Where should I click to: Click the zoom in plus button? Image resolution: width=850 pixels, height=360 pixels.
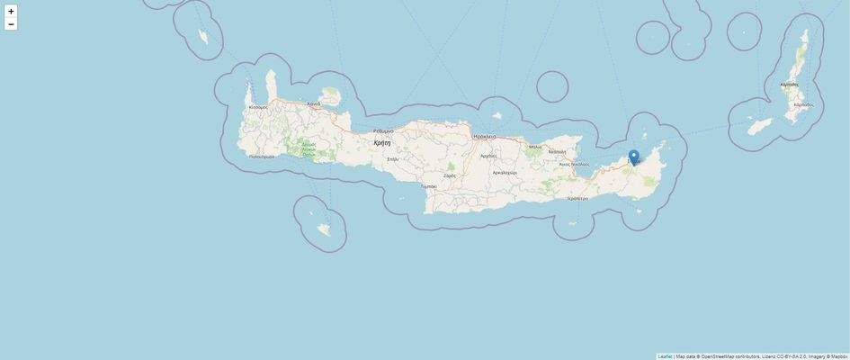click(11, 12)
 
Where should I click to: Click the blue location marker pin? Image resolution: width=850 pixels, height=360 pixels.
click(633, 157)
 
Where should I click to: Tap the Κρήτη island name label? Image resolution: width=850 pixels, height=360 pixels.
click(382, 142)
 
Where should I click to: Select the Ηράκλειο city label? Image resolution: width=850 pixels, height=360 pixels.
click(485, 136)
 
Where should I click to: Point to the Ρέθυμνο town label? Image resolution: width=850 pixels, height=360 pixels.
click(383, 131)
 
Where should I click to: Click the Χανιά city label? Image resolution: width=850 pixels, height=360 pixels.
click(313, 104)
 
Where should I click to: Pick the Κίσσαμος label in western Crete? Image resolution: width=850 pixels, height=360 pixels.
click(258, 107)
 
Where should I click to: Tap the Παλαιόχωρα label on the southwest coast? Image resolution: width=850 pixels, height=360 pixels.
click(262, 157)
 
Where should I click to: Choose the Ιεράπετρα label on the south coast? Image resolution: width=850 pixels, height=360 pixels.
click(577, 198)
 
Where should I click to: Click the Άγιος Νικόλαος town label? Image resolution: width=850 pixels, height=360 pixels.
click(574, 165)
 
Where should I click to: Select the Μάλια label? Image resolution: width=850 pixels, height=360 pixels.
click(535, 147)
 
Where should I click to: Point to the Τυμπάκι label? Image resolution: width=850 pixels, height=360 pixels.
click(429, 186)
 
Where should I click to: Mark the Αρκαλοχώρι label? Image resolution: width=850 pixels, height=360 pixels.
click(505, 172)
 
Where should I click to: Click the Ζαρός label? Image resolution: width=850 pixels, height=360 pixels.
click(450, 175)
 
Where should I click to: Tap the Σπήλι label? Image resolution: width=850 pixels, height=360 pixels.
click(392, 159)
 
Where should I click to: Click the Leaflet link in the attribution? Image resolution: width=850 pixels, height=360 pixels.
click(665, 356)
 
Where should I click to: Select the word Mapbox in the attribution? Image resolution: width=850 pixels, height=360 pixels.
click(838, 356)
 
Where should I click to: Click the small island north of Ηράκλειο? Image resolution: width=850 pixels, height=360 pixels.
click(497, 115)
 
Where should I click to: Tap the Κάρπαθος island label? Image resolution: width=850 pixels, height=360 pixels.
click(790, 85)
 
